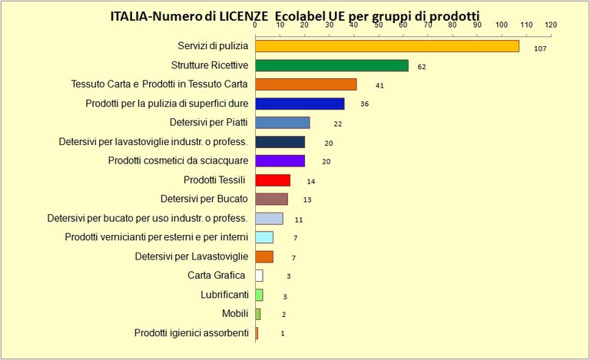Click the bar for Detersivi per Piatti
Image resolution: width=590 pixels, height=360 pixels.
[x=282, y=123]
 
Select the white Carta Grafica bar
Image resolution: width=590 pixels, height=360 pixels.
[x=259, y=276]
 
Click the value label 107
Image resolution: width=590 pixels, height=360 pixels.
[x=539, y=48]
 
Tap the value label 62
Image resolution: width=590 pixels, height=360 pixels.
[x=422, y=68]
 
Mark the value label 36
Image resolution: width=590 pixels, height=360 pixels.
[x=364, y=104]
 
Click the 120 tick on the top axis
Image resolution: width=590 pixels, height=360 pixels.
[x=550, y=25]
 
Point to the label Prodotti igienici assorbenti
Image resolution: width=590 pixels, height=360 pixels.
[x=191, y=333]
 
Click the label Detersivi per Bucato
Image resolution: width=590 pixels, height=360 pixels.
[x=204, y=199]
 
